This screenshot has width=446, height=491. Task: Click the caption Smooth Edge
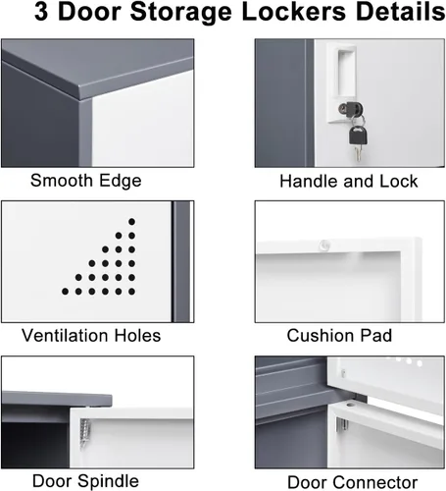86,181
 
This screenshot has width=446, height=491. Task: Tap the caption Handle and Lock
349,182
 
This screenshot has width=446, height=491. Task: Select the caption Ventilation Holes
91,336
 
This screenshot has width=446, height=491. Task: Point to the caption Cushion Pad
339,336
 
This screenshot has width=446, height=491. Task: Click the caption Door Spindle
85,481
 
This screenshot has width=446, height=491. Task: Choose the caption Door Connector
353,482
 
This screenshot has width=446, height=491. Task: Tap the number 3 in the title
41,12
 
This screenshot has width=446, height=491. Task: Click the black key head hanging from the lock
358,136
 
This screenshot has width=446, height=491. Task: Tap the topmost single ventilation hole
131,222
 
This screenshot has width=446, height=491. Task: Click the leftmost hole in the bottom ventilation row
65,292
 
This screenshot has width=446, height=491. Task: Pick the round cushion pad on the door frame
324,245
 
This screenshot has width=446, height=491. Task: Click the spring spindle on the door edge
85,433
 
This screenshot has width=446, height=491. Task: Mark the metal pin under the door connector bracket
342,424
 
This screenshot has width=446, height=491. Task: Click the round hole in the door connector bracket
350,405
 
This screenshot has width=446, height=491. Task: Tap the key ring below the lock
358,120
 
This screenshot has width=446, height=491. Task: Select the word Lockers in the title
293,12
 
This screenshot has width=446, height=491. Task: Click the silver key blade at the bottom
359,152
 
